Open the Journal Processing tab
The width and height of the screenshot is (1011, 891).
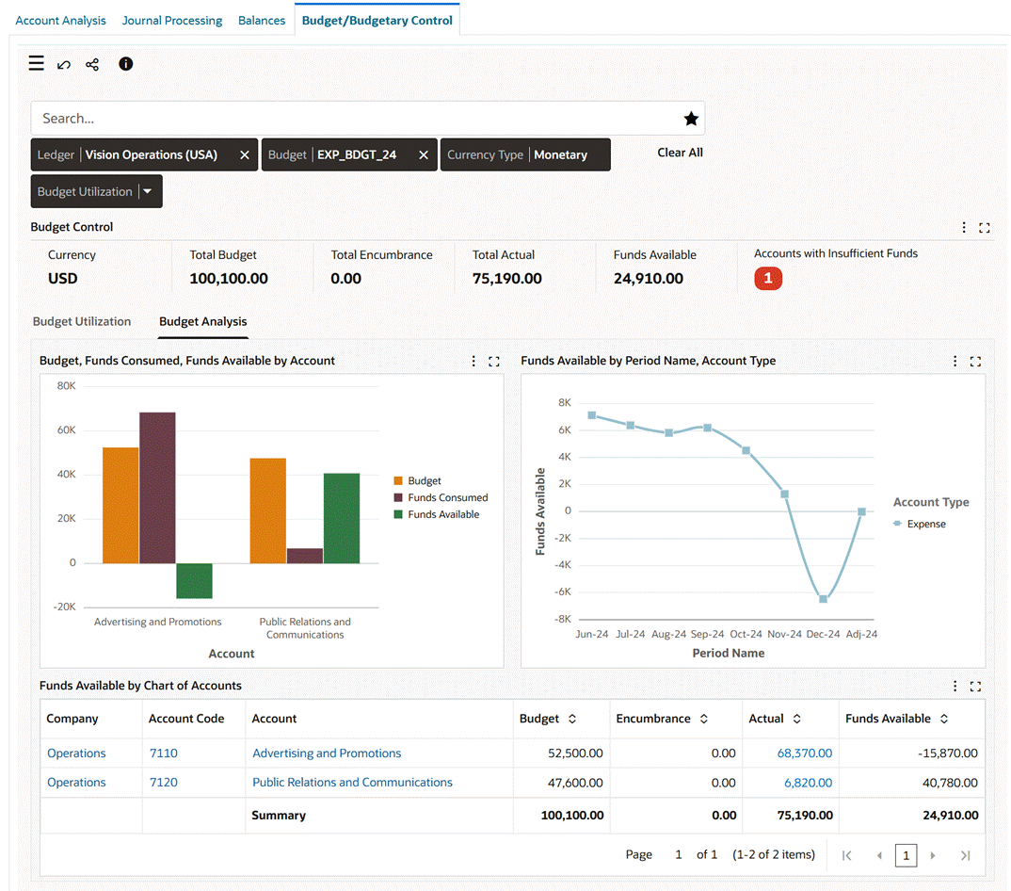pos(172,20)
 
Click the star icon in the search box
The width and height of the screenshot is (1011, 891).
pos(691,119)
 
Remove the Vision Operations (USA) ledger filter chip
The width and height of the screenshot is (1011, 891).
pos(245,155)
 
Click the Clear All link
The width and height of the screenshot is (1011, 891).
pos(680,153)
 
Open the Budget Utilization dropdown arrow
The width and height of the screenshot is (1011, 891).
pos(149,192)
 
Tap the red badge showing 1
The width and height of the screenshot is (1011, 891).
pos(768,279)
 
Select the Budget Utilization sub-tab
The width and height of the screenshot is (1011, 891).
pos(82,322)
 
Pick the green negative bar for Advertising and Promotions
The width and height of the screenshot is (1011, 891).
pos(194,580)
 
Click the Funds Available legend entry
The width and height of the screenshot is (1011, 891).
pos(442,514)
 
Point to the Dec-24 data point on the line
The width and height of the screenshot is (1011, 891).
pos(823,599)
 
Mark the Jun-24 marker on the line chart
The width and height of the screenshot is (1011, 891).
pos(591,415)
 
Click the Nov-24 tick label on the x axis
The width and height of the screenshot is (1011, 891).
pos(784,635)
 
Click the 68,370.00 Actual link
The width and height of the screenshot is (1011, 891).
pos(804,753)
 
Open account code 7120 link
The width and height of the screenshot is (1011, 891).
pos(163,783)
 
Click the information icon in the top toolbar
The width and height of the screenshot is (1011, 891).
pos(125,64)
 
